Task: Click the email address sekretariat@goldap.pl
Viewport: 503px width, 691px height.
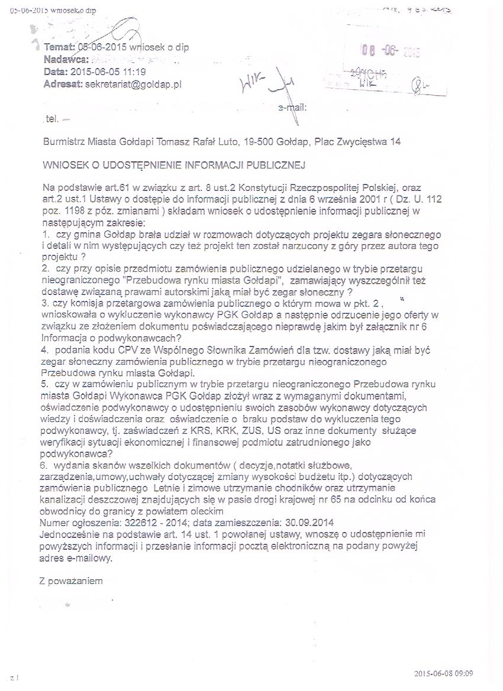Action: point(134,85)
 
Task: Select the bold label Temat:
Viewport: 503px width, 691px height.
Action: point(60,47)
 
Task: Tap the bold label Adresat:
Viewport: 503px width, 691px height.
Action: point(63,85)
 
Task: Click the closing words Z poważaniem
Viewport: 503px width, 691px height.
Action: point(71,580)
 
